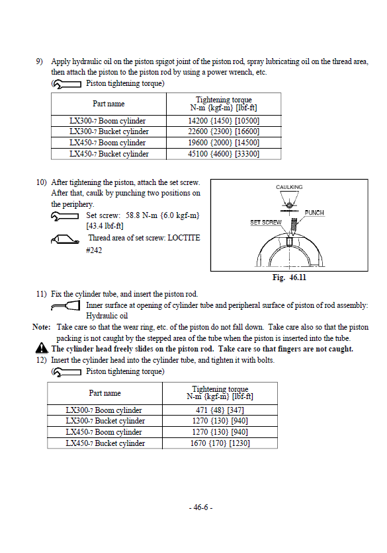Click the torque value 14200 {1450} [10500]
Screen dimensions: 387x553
(x=224, y=121)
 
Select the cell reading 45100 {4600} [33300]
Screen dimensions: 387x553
(x=224, y=154)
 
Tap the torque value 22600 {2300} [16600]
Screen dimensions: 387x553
(x=224, y=131)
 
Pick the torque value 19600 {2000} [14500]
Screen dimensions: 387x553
(x=224, y=143)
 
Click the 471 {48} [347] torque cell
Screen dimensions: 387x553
(x=220, y=410)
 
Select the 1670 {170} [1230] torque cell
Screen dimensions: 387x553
(x=220, y=443)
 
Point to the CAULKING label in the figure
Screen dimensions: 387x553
(x=289, y=187)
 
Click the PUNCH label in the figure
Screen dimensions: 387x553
(x=314, y=213)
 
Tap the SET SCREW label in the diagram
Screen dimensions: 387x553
(x=265, y=223)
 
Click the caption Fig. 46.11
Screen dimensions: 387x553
(x=289, y=277)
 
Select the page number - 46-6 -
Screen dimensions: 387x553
(x=200, y=507)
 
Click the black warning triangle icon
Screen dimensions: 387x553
(x=42, y=348)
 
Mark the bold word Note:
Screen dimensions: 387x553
(x=42, y=327)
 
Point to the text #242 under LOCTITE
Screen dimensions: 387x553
(x=94, y=250)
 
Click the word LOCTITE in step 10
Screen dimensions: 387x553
(x=184, y=238)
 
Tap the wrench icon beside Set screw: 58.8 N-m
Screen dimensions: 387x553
(x=65, y=216)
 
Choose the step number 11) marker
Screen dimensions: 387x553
(x=41, y=294)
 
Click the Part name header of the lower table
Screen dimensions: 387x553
(x=105, y=393)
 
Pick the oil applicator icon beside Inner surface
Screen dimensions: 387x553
(x=65, y=306)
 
